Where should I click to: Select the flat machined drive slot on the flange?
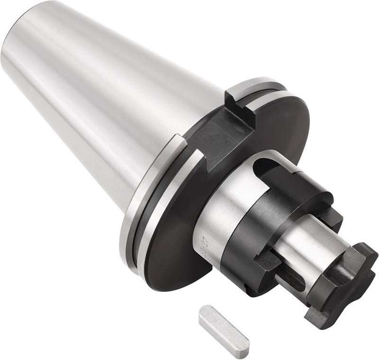click(223, 137)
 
